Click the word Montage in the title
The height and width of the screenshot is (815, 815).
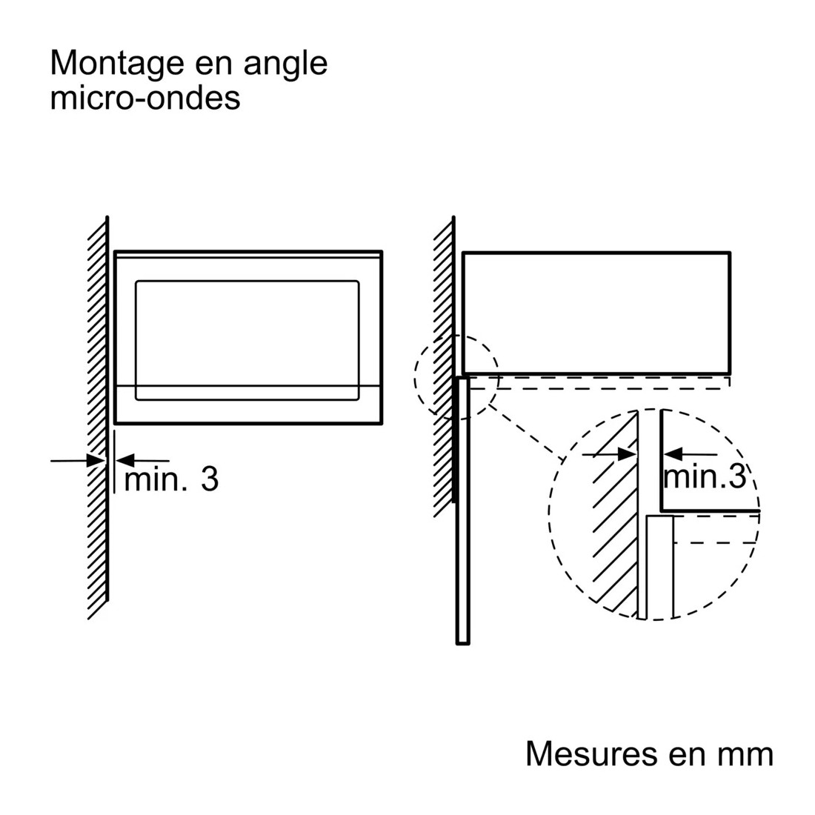(x=117, y=64)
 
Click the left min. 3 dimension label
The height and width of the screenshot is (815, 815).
(x=171, y=479)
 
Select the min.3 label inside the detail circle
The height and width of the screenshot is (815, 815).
(x=705, y=476)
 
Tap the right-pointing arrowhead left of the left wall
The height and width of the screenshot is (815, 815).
(x=96, y=461)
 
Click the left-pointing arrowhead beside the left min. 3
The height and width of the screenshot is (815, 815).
(x=125, y=461)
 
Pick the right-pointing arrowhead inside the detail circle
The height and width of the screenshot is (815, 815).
(x=627, y=455)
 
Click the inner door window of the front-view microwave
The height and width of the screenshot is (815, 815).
(x=247, y=341)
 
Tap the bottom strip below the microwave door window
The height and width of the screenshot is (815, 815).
(x=248, y=405)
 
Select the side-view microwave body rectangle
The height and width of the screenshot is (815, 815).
(x=596, y=313)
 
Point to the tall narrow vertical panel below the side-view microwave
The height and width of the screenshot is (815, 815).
(x=462, y=511)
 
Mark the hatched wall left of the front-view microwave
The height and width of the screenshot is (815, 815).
(x=99, y=416)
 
